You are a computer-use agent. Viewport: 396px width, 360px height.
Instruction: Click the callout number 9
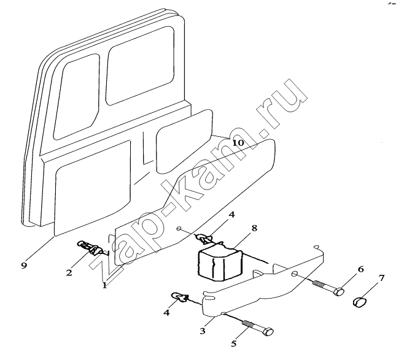tap(24, 266)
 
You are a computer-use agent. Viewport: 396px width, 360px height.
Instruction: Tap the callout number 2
tap(69, 272)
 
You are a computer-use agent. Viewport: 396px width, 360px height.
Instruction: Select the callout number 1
tap(104, 286)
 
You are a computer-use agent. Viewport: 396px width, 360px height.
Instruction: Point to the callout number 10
tap(238, 144)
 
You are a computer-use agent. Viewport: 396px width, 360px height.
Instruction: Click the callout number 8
tap(254, 228)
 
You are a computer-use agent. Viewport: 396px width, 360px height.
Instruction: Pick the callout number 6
tap(360, 269)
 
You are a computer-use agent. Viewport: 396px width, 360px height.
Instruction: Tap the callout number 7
tap(381, 278)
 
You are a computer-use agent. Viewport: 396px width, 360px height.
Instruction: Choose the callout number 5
tap(234, 343)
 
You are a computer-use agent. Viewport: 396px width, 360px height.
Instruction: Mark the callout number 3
tap(203, 331)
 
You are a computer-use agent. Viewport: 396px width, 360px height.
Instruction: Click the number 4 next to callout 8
tap(231, 215)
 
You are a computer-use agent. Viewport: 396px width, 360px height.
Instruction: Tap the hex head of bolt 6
tap(339, 293)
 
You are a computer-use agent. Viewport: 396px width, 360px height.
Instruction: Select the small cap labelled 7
tap(359, 302)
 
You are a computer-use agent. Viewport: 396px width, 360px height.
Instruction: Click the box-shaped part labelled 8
tap(219, 264)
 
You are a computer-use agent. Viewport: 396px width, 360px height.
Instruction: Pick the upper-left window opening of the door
tap(76, 97)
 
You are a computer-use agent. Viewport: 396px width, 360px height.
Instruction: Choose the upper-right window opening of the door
tap(140, 66)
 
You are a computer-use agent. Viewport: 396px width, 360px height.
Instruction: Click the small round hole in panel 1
tap(179, 229)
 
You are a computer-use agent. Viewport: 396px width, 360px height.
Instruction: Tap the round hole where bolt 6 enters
tap(294, 274)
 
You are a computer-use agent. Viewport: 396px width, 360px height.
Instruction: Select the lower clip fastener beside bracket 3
tap(179, 297)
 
